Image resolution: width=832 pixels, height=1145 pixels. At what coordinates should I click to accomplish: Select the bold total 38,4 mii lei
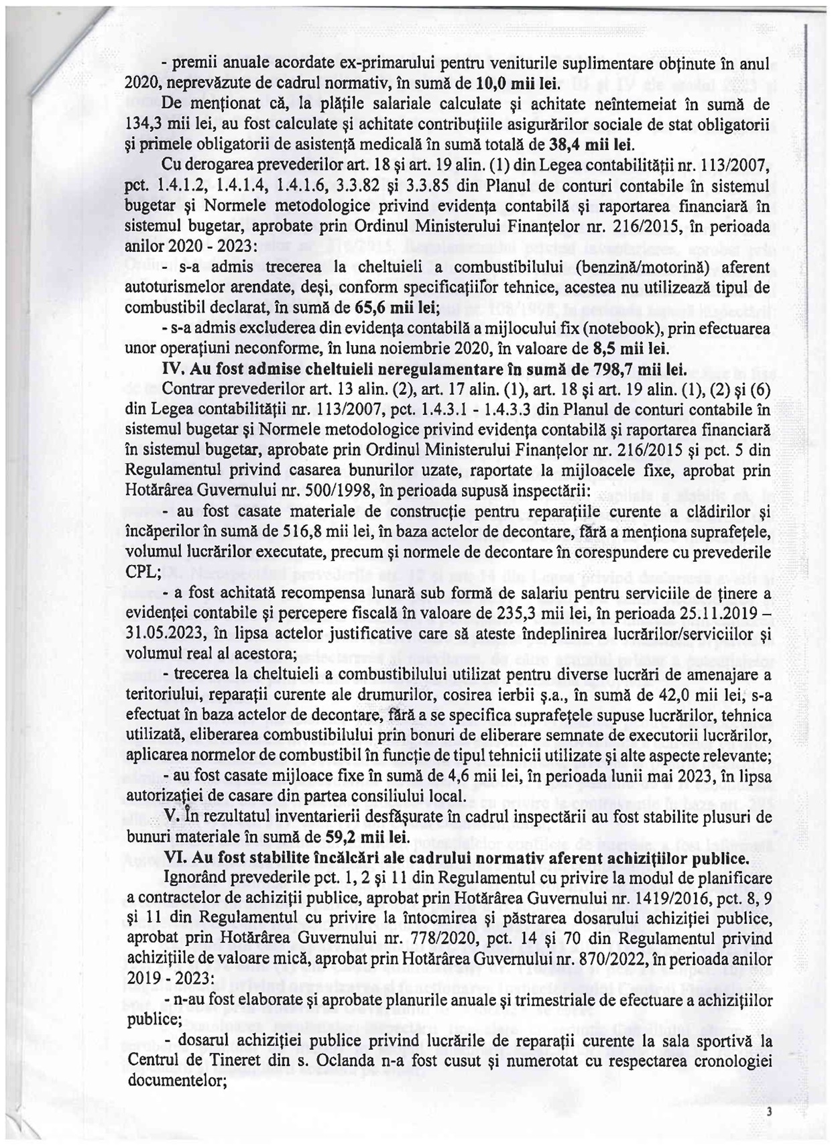coord(593,145)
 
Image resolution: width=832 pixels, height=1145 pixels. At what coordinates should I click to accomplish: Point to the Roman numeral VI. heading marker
coord(176,857)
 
